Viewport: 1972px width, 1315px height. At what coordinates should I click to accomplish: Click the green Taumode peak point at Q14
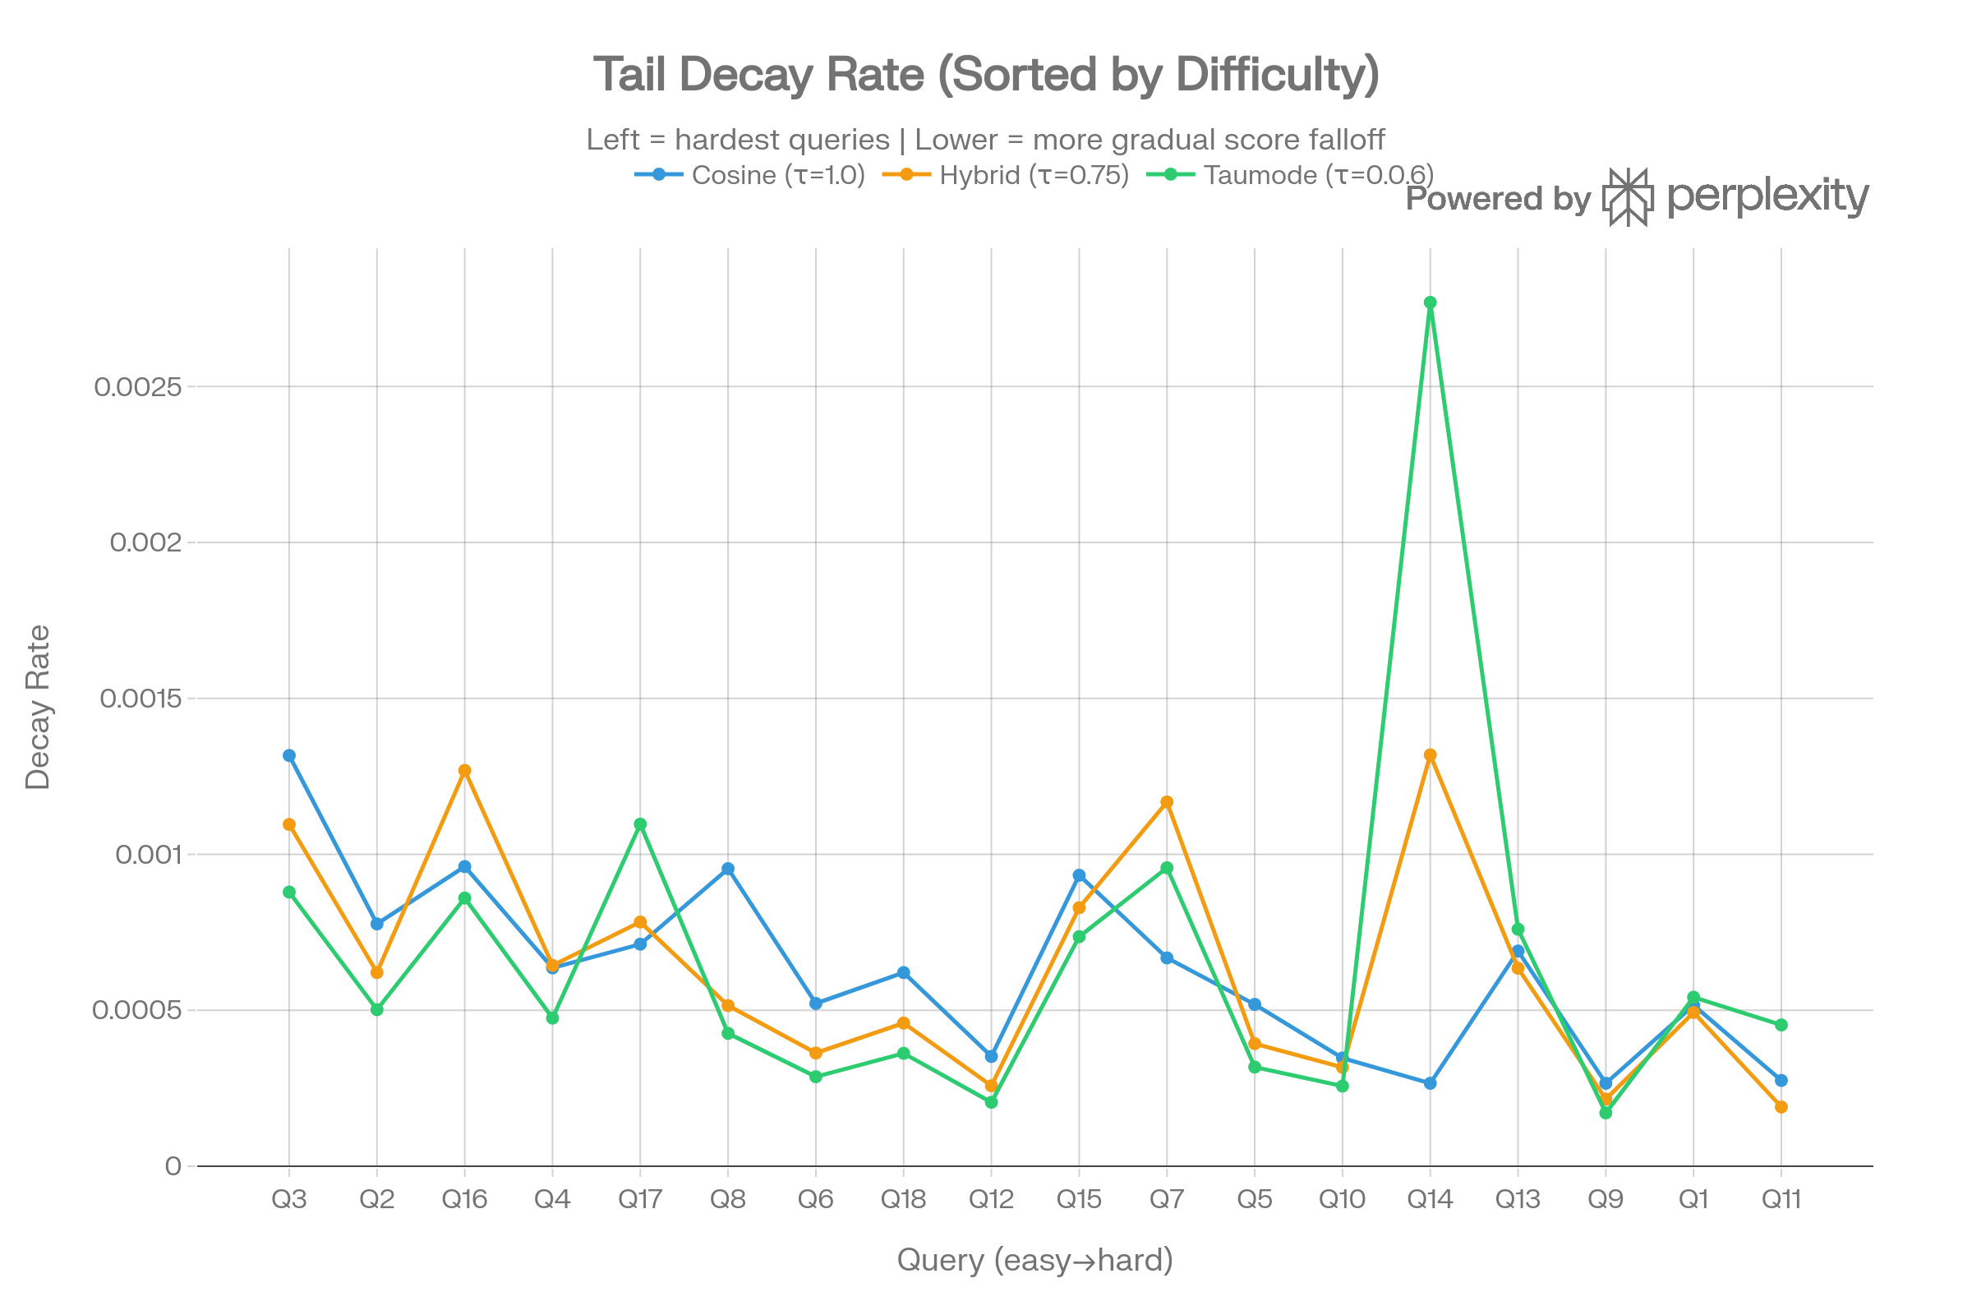(x=1431, y=302)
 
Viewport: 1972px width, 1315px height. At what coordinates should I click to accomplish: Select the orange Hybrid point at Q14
(x=1431, y=755)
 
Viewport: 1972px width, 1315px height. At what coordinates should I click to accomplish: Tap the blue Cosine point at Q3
(x=289, y=755)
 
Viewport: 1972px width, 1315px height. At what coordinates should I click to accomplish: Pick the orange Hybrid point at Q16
(x=464, y=771)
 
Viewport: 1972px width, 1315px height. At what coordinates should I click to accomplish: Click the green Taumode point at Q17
(x=641, y=824)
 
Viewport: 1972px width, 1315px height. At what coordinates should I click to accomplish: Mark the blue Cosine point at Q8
(x=728, y=869)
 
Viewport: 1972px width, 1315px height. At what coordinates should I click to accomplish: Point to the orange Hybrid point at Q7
(x=1167, y=803)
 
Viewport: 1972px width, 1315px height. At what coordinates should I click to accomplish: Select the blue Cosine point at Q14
(x=1431, y=1083)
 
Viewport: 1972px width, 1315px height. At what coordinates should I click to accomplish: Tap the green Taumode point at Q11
(x=1781, y=1025)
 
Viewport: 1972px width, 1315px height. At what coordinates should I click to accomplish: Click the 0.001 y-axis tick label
(x=148, y=855)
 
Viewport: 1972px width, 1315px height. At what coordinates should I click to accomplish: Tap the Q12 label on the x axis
(x=991, y=1200)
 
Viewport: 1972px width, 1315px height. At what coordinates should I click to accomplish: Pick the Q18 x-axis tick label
(x=903, y=1200)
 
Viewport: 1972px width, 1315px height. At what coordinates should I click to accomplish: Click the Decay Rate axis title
(x=38, y=707)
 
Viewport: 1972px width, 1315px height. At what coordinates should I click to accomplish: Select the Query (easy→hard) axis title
(x=1034, y=1260)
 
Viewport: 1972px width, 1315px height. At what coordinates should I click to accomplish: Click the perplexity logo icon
(x=1629, y=198)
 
